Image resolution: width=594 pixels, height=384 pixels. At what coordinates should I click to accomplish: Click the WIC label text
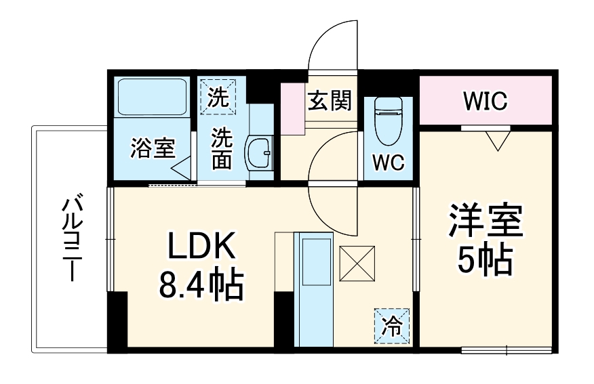(486, 102)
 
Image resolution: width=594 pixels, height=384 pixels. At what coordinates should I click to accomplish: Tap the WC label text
(387, 163)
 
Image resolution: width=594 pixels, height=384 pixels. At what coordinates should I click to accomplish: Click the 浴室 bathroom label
(153, 148)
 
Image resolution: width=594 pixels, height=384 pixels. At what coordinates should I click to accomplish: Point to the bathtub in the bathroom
(152, 98)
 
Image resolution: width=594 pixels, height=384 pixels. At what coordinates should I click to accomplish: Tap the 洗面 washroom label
(222, 149)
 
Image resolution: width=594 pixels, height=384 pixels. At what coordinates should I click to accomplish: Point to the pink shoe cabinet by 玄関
(293, 108)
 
